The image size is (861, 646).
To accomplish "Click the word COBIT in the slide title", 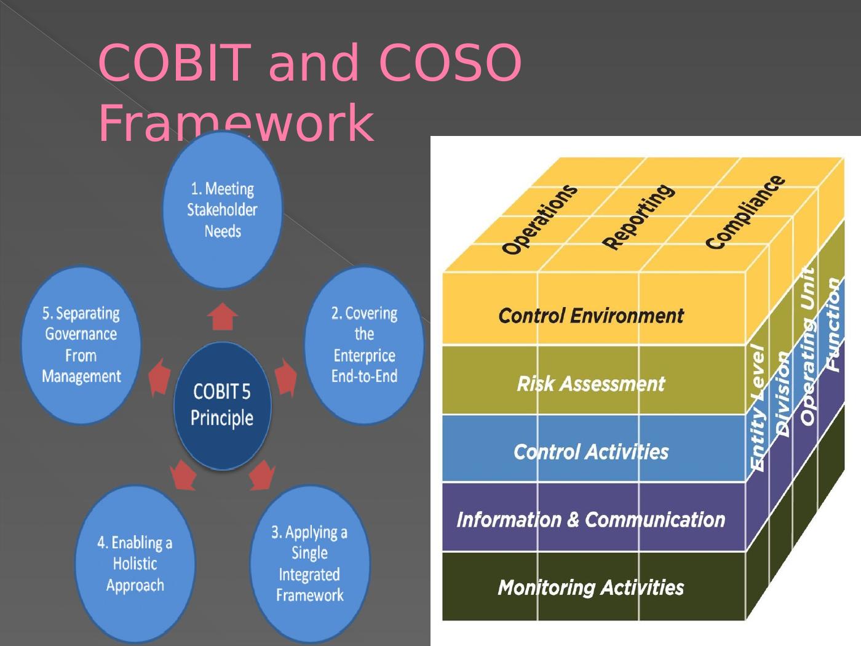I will click(x=175, y=63).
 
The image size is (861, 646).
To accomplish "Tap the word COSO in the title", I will click(x=450, y=63).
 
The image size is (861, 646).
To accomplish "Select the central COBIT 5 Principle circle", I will click(x=222, y=405).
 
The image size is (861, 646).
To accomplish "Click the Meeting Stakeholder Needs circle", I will click(x=222, y=210).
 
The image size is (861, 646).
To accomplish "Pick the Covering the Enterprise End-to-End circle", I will click(x=364, y=345).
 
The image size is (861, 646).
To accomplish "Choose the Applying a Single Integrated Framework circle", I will click(x=309, y=564).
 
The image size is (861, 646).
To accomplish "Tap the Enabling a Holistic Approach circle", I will click(x=135, y=564).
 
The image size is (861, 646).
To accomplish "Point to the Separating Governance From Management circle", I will click(x=81, y=345).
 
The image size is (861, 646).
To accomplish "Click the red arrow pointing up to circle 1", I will click(x=222, y=317).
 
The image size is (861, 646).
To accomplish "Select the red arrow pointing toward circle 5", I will click(x=160, y=377).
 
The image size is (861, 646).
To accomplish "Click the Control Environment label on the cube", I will click(x=590, y=316).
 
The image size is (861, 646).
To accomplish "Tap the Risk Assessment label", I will click(x=590, y=384).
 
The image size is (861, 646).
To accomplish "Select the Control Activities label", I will click(x=590, y=452).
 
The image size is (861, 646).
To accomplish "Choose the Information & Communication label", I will click(x=590, y=520).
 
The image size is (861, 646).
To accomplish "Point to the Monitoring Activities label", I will click(x=590, y=588).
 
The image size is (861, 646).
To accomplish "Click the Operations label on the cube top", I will click(x=539, y=219).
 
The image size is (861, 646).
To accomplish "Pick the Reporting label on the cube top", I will click(x=638, y=217).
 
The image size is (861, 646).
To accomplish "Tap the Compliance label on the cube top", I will click(x=745, y=212).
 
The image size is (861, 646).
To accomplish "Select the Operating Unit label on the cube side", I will click(x=808, y=346).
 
